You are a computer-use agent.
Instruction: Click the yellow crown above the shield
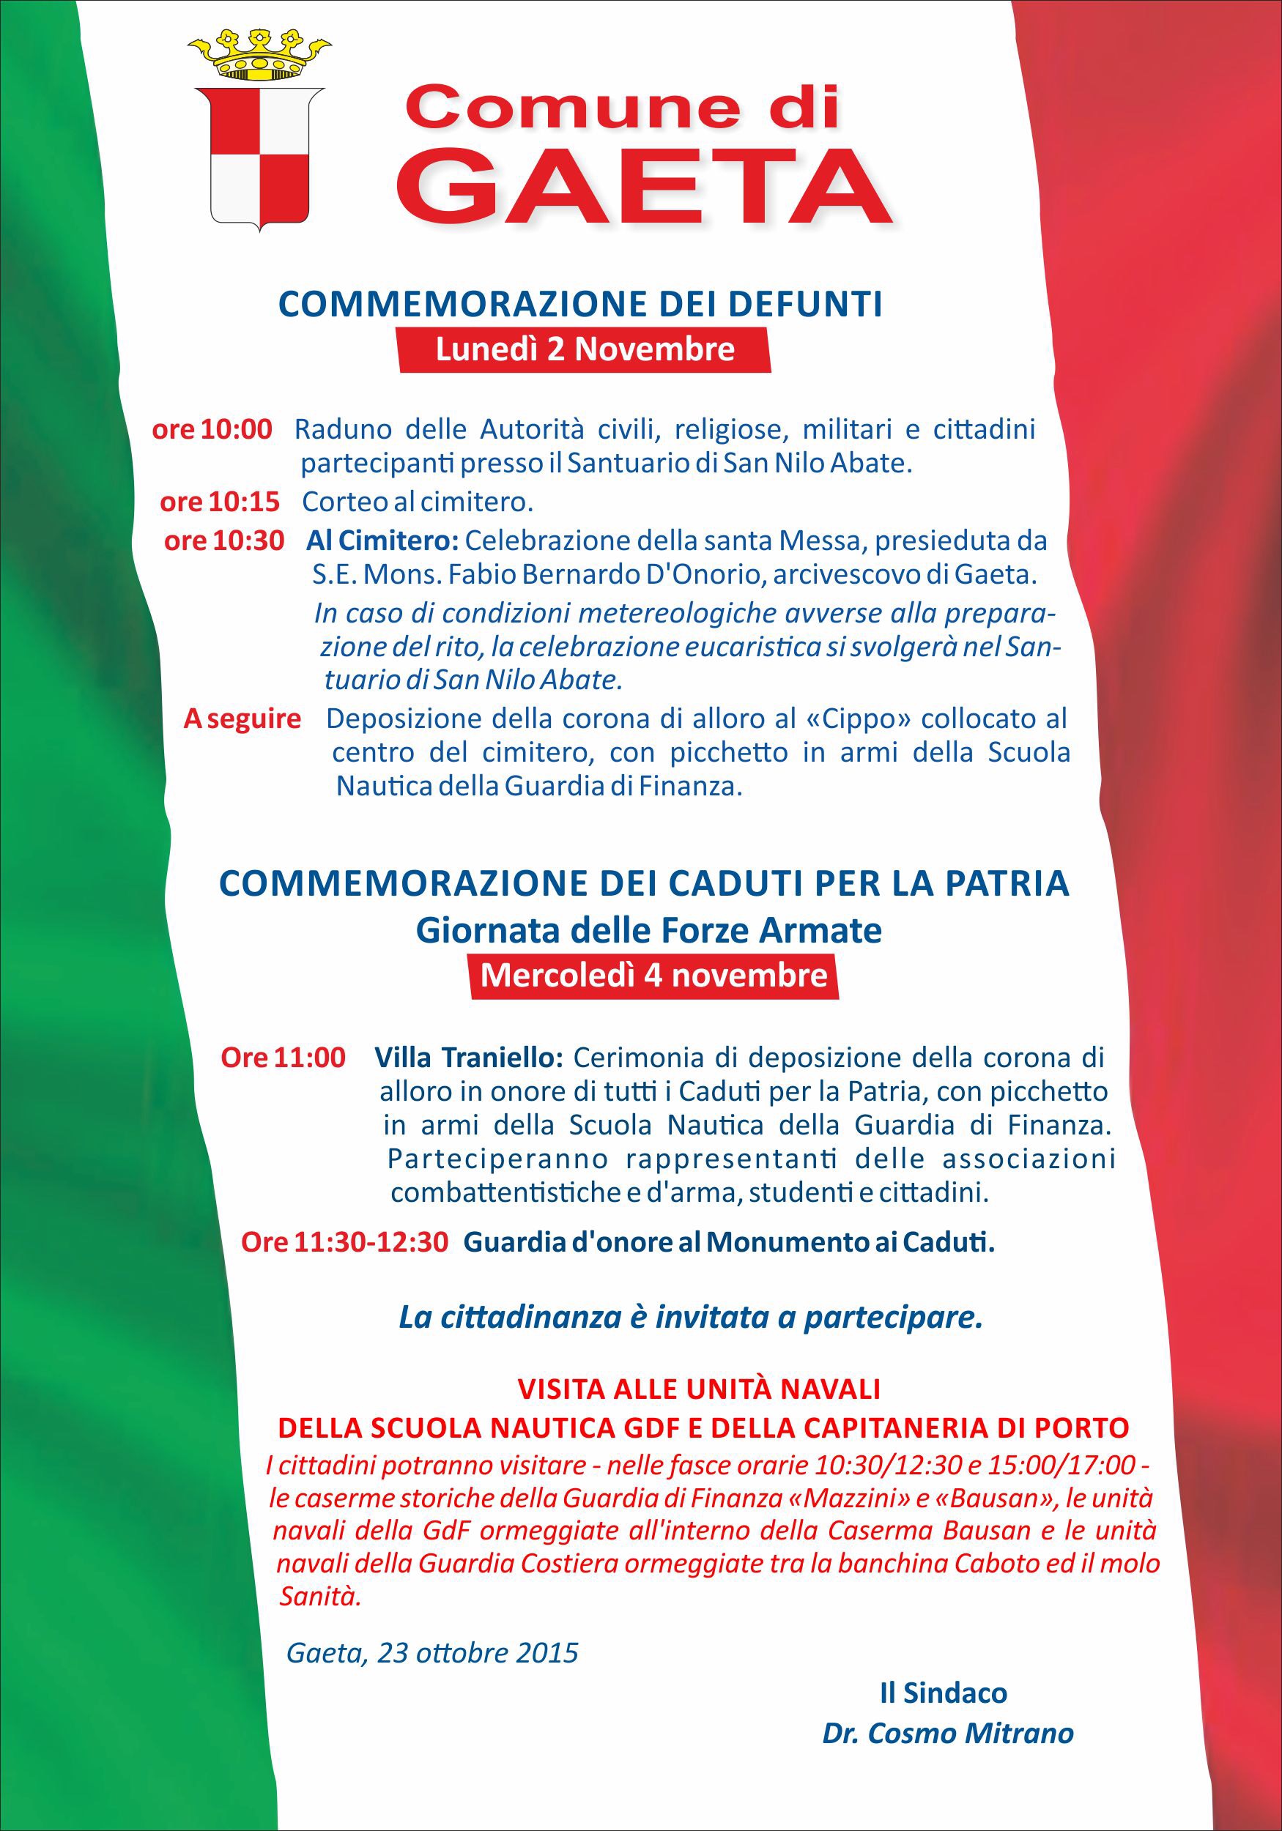[258, 56]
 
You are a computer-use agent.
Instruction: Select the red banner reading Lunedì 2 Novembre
[585, 350]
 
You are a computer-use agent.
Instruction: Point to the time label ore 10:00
[212, 429]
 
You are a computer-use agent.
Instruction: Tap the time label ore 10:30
[224, 541]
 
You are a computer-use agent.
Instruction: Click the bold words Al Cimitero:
[382, 541]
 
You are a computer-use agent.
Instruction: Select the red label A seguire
[242, 718]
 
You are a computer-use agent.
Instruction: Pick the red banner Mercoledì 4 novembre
[653, 976]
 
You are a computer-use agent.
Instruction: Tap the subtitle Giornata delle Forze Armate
[648, 931]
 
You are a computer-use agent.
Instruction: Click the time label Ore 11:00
[284, 1058]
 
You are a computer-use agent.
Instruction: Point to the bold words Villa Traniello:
[469, 1058]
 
